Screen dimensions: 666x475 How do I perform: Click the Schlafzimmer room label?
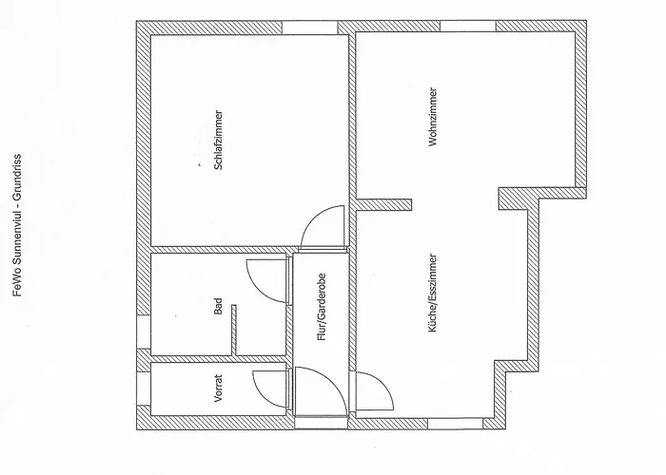point(218,141)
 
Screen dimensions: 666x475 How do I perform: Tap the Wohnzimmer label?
point(433,117)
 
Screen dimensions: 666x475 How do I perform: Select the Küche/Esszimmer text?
point(433,293)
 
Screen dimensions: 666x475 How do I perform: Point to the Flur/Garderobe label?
point(322,307)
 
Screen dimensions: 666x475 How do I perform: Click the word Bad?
point(218,306)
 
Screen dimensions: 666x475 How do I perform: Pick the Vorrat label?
point(218,388)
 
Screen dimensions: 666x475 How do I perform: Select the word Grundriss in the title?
point(17,174)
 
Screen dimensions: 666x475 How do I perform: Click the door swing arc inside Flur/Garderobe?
point(332,382)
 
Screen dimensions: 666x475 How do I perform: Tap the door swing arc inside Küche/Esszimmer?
point(385,384)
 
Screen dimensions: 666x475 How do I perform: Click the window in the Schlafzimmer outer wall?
point(309,28)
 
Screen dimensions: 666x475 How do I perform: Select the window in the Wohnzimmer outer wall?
point(468,26)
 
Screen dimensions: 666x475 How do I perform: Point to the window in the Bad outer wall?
point(144,332)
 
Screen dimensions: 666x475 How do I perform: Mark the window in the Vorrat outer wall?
point(144,389)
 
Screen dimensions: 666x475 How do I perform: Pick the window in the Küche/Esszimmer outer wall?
point(455,424)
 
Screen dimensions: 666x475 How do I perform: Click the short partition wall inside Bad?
point(234,330)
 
